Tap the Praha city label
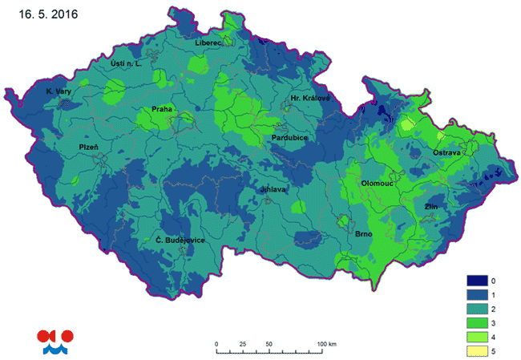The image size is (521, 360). (x=163, y=110)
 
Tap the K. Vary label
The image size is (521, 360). (x=59, y=91)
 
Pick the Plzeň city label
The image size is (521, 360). (x=89, y=148)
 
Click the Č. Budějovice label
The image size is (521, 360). (x=180, y=241)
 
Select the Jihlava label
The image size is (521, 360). (x=273, y=189)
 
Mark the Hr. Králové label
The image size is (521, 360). (x=310, y=98)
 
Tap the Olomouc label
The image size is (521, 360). (x=377, y=183)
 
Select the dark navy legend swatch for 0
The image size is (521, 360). (x=478, y=281)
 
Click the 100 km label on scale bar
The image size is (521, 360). (x=327, y=344)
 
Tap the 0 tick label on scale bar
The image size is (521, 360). (x=216, y=344)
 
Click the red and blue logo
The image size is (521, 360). (x=55, y=341)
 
